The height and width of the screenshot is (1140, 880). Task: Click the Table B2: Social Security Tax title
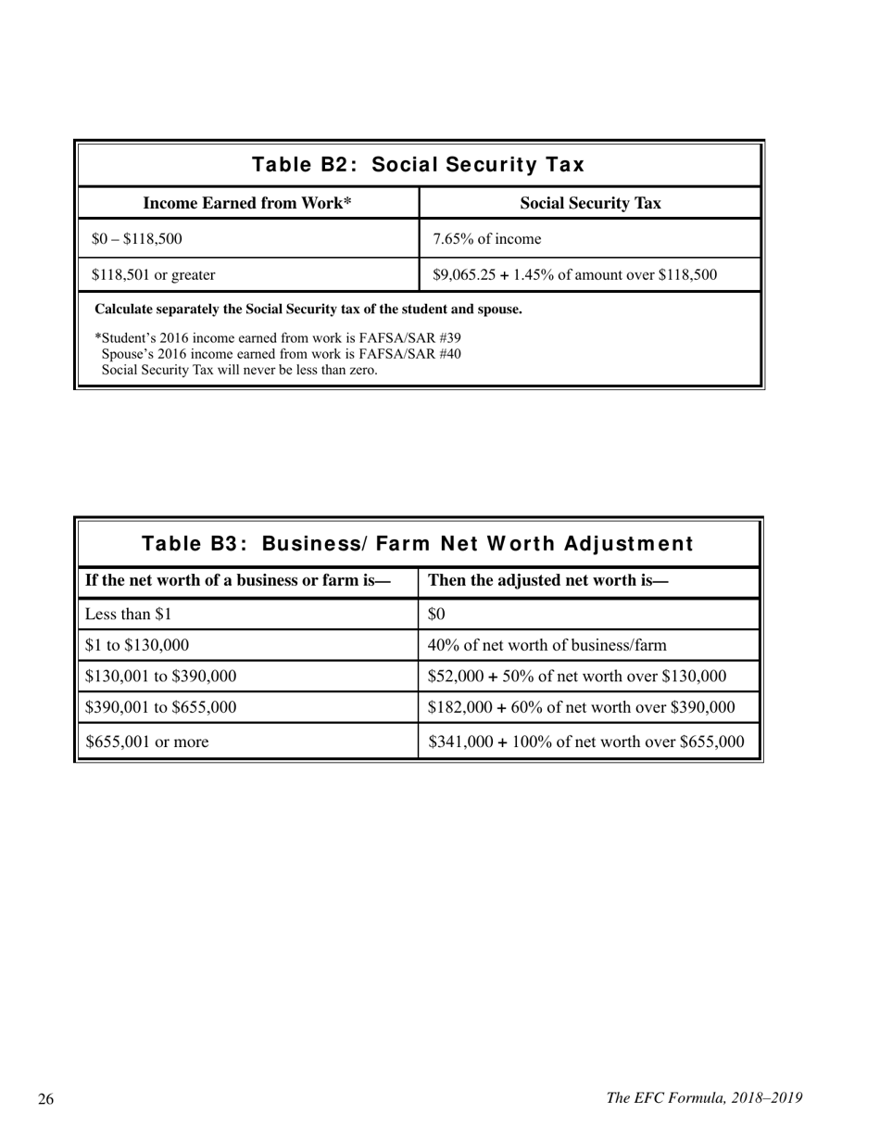coord(419,165)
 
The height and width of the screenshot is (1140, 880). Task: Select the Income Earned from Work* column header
coord(247,203)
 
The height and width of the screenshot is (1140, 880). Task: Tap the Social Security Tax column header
coord(590,203)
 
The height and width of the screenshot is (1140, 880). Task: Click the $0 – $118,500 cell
coord(137,239)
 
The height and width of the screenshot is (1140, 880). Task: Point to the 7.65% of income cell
coord(487,239)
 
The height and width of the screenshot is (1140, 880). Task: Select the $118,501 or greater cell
coord(154,274)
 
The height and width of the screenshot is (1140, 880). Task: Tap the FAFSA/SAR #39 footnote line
coord(278,337)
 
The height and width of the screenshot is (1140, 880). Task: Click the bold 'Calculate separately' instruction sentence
coord(308,309)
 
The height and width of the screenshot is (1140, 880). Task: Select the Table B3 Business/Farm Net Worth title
coord(419,543)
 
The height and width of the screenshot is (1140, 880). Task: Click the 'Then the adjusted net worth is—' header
coord(548,581)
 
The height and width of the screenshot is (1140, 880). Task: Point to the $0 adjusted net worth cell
coord(437,614)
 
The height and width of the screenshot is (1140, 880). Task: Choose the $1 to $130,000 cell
coord(137,645)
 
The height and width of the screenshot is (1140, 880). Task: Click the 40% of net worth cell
coord(547,645)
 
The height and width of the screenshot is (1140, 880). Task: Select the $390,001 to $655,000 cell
coord(160,707)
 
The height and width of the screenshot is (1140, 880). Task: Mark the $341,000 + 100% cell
coord(586,741)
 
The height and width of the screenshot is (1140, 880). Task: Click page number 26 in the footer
coord(46,1099)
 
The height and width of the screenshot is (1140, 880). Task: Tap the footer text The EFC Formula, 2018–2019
coord(704,1098)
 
